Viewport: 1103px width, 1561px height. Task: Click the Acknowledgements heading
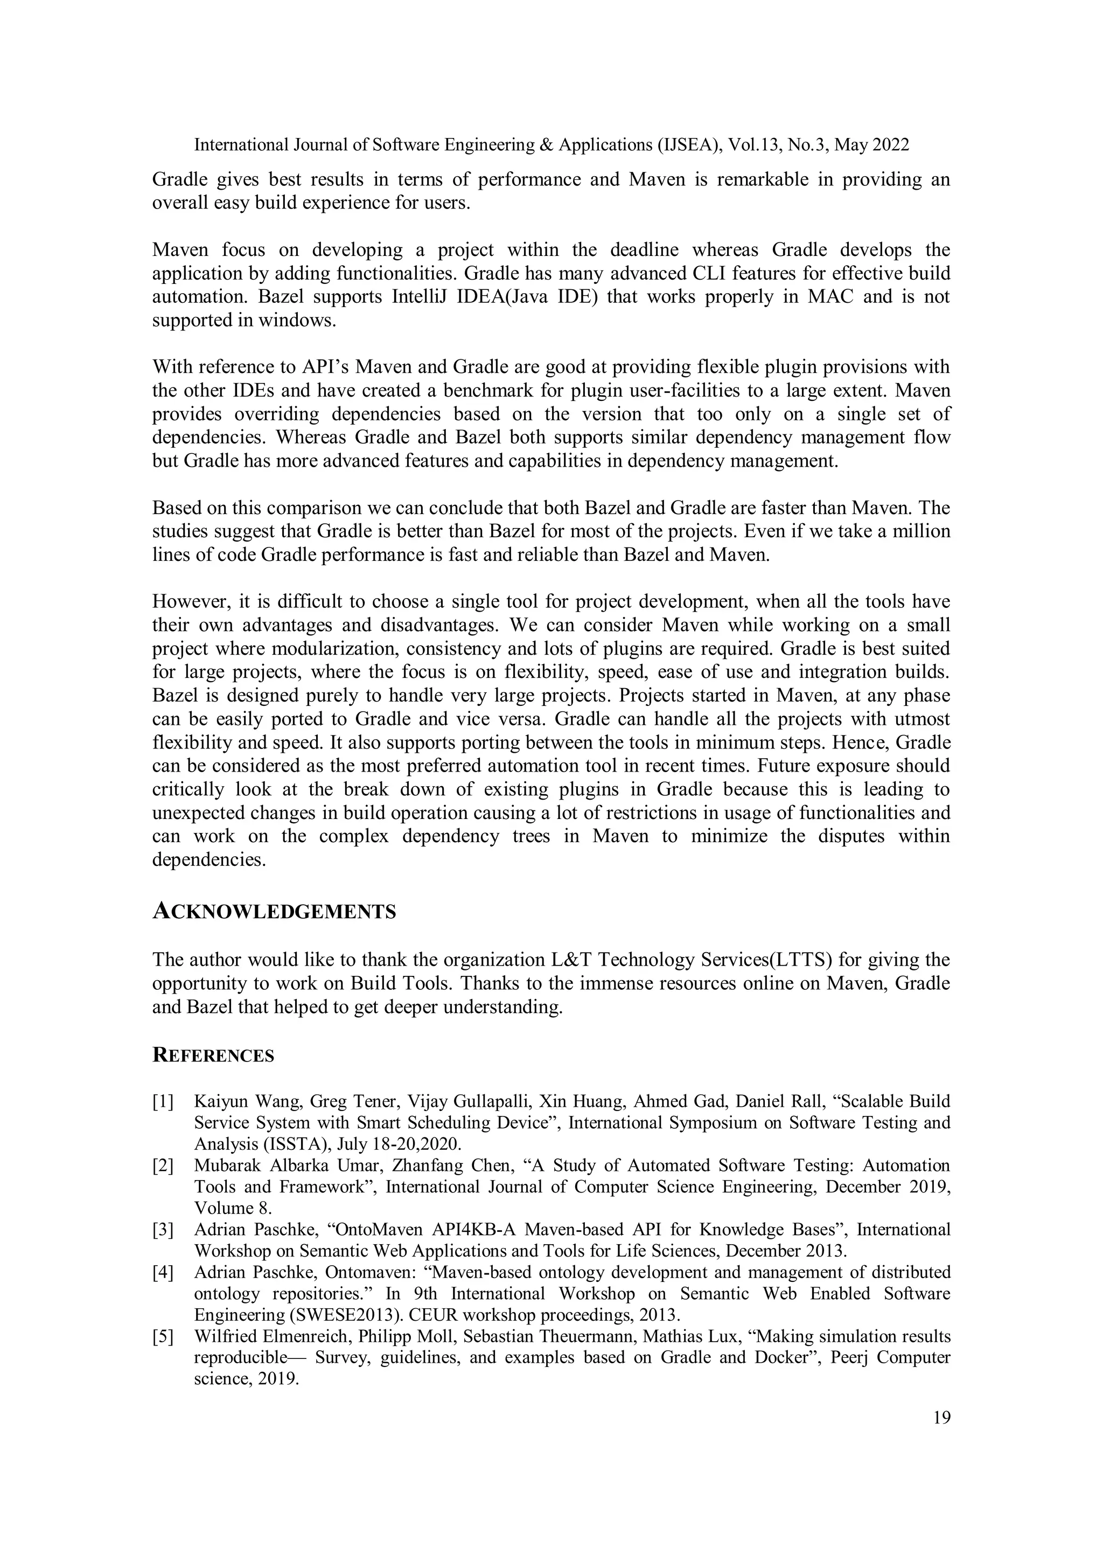[274, 912]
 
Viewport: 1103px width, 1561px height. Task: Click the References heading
[213, 1055]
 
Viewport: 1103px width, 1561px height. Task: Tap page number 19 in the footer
[941, 1418]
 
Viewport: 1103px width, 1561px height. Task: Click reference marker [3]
[163, 1230]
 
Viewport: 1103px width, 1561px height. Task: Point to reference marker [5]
[163, 1337]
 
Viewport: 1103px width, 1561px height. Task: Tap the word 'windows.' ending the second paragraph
[297, 320]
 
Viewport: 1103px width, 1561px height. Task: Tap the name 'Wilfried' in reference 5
[221, 1337]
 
